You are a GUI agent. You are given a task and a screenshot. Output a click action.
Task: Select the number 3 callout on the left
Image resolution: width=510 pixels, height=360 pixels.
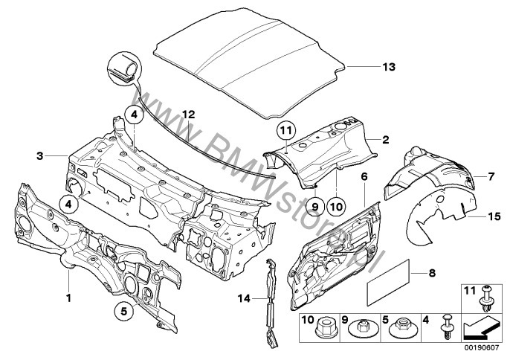pos(39,155)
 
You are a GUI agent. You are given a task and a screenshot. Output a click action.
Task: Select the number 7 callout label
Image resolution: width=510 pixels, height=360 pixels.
pos(490,176)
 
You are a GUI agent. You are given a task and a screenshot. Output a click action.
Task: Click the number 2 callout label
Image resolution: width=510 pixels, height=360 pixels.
pos(386,139)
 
